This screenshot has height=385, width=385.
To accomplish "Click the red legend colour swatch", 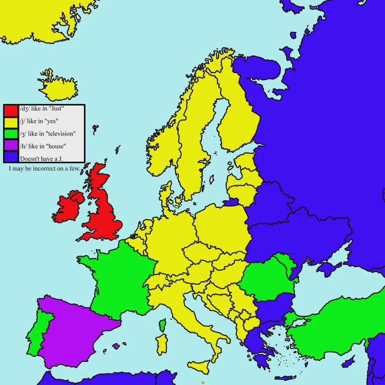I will click(x=11, y=110).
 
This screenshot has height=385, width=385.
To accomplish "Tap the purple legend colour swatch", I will click(x=11, y=146).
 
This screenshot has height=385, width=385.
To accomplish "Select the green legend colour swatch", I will click(x=11, y=134).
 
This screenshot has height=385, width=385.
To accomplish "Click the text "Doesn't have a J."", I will click(x=41, y=159).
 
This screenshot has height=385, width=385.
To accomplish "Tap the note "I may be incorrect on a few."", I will click(x=44, y=169).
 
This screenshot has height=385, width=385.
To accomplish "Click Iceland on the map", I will click(x=58, y=88).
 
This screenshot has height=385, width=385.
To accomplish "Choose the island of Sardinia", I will click(x=162, y=344).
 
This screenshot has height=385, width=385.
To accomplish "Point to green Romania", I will click(x=268, y=279).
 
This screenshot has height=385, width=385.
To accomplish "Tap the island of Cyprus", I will click(x=348, y=362).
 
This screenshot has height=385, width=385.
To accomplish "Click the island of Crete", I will click(x=285, y=378).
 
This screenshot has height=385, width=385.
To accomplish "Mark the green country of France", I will click(x=119, y=277).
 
